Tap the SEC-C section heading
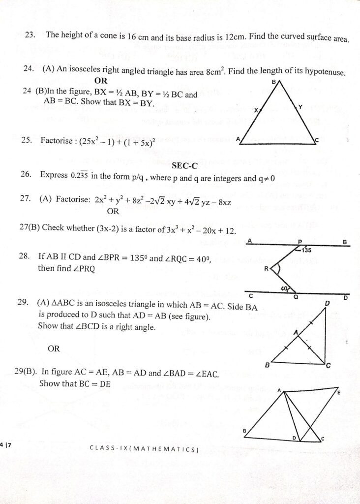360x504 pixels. tap(185, 166)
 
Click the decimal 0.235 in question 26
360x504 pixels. tap(79, 176)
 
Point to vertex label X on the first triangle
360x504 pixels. tap(256, 111)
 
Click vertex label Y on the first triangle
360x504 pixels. tap(300, 106)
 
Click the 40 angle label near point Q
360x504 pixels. tap(284, 289)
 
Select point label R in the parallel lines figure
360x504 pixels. tap(266, 269)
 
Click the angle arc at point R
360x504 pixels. tap(276, 269)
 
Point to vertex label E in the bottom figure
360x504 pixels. tap(339, 392)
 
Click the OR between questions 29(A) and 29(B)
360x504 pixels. tap(54, 348)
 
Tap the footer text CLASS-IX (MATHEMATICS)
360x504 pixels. tap(144, 448)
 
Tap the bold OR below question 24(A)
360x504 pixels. tap(100, 80)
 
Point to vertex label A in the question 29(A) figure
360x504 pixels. tap(296, 333)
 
